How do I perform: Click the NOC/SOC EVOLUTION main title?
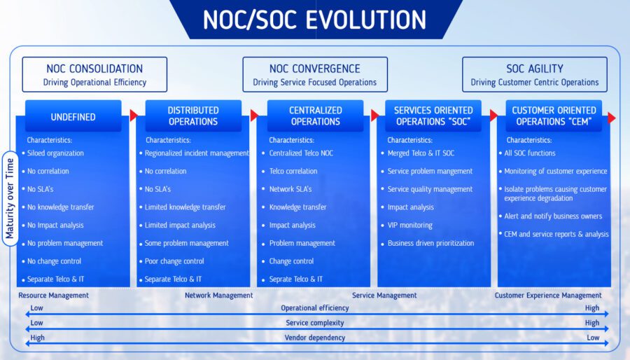click(x=314, y=20)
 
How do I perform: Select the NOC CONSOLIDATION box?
click(x=94, y=74)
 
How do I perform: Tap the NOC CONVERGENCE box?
click(x=315, y=74)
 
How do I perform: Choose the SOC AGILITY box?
click(x=534, y=74)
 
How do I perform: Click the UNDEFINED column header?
click(x=73, y=116)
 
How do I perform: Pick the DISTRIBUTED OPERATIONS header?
click(x=193, y=116)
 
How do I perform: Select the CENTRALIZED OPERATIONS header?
click(x=316, y=116)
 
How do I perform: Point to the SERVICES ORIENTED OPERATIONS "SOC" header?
click(x=433, y=116)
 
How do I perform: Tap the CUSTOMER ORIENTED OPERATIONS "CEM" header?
click(x=554, y=116)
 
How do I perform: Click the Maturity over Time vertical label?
click(x=10, y=198)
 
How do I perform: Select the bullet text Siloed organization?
click(x=55, y=153)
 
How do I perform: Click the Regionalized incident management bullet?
click(x=197, y=153)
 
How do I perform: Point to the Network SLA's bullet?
click(x=290, y=189)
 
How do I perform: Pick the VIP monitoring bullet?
click(x=409, y=225)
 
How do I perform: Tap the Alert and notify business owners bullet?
click(x=553, y=216)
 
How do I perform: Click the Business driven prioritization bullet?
click(x=430, y=243)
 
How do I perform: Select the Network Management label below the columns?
click(x=219, y=296)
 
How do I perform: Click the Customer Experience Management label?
click(x=548, y=296)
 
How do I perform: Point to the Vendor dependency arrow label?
click(x=315, y=338)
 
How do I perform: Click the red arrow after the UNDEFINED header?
click(x=134, y=116)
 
